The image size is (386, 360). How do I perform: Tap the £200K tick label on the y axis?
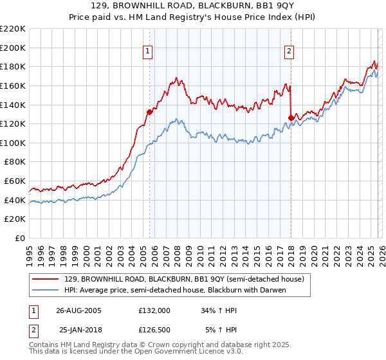pyautogui.click(x=13, y=48)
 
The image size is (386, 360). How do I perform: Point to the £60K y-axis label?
pyautogui.click(x=15, y=181)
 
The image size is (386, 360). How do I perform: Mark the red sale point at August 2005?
pyautogui.click(x=149, y=111)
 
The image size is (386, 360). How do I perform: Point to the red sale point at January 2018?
pyautogui.click(x=291, y=117)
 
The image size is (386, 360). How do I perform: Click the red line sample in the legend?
pyautogui.click(x=45, y=280)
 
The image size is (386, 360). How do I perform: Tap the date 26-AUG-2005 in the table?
pyautogui.click(x=78, y=310)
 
